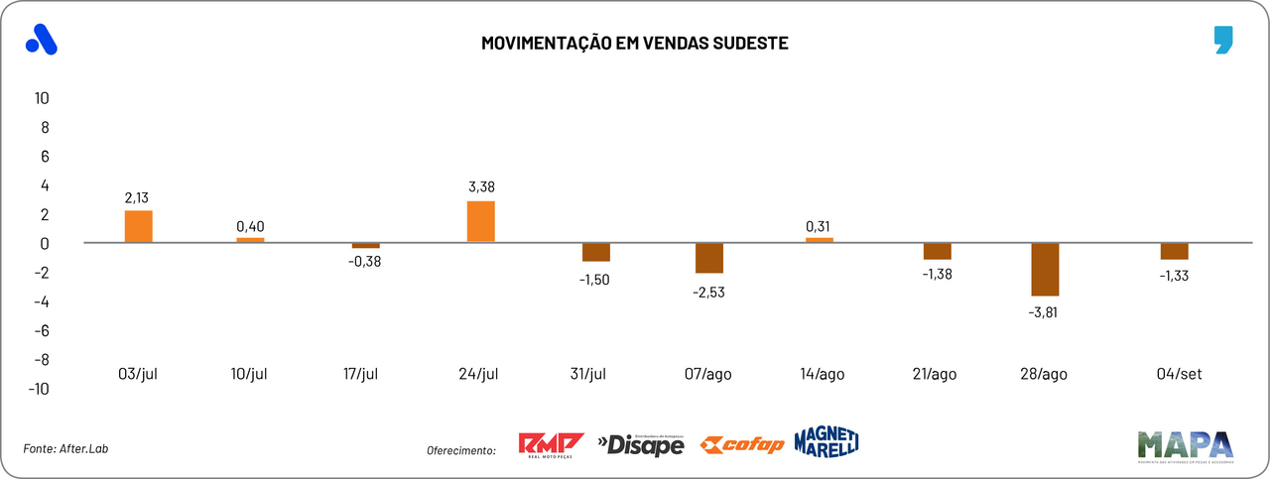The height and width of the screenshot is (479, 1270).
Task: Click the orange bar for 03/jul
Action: click(138, 226)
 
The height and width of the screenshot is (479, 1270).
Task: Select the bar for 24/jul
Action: click(480, 221)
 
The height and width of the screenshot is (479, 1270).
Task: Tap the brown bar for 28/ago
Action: click(1046, 269)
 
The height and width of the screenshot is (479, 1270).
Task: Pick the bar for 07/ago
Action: click(709, 258)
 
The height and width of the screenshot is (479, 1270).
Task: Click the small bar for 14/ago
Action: click(820, 239)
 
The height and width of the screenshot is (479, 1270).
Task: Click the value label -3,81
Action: click(1046, 312)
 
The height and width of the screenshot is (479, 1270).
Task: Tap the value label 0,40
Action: click(250, 226)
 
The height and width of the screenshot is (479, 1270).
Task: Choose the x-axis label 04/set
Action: click(1175, 374)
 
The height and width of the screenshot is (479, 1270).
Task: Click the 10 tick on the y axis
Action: click(42, 98)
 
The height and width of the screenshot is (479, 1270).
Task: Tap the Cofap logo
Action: click(741, 445)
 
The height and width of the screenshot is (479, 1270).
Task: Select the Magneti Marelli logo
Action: click(825, 442)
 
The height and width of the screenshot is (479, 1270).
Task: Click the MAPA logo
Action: click(1185, 446)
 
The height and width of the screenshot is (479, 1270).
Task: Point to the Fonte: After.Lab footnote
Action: click(65, 449)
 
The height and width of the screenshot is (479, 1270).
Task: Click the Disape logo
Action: click(641, 445)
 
